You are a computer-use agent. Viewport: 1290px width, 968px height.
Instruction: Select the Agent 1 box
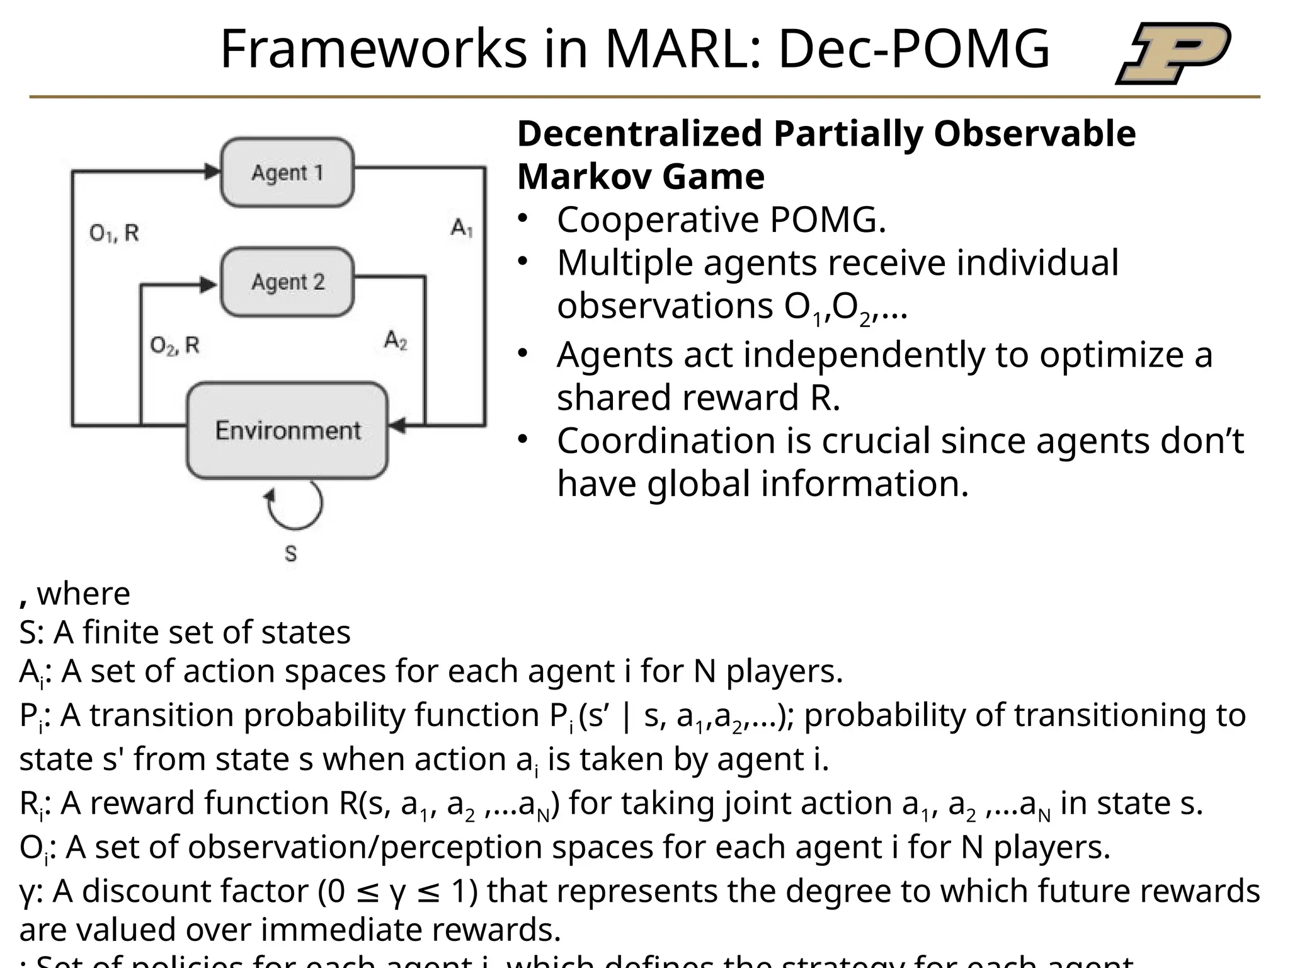[287, 172]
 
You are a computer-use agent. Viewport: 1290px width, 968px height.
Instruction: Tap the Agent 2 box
[287, 282]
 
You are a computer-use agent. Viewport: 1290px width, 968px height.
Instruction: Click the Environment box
[287, 430]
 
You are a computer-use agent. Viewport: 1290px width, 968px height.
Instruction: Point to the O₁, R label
[114, 234]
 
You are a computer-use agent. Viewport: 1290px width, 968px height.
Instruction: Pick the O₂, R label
[174, 345]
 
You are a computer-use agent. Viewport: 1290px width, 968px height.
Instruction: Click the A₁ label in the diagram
[462, 228]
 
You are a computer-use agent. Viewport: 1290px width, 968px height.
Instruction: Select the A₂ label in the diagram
[396, 340]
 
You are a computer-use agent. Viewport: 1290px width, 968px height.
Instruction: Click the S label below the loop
[290, 554]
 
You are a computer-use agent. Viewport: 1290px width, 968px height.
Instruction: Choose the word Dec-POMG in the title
[914, 49]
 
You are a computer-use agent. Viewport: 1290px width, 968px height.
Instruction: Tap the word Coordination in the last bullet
[666, 441]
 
